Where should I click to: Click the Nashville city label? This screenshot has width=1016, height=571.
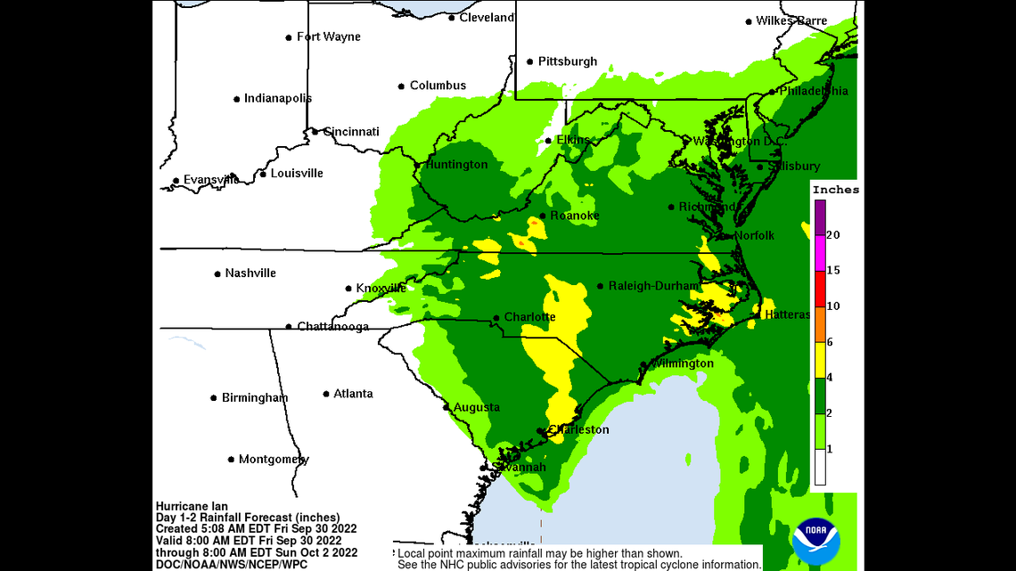tap(250, 273)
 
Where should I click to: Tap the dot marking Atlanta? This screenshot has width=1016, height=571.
tap(326, 394)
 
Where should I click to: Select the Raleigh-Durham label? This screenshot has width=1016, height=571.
tap(653, 286)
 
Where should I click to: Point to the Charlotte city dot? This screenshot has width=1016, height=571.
tap(496, 318)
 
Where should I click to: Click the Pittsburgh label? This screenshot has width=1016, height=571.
tap(567, 61)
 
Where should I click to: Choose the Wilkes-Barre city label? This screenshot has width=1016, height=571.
tap(791, 20)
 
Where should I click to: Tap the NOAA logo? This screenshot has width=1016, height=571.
tap(815, 539)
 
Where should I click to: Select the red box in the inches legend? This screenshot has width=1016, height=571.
tap(819, 289)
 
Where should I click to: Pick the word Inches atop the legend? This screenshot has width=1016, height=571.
tap(836, 190)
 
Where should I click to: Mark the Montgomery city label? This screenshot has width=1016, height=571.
tap(274, 460)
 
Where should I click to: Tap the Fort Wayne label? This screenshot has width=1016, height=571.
tap(328, 37)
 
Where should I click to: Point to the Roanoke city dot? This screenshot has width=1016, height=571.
tap(542, 216)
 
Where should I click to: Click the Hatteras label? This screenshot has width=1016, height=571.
tap(787, 315)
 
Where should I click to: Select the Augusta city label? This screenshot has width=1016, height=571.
tap(476, 407)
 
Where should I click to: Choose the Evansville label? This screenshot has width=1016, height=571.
tap(211, 180)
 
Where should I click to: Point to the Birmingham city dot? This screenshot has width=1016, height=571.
tap(214, 398)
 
